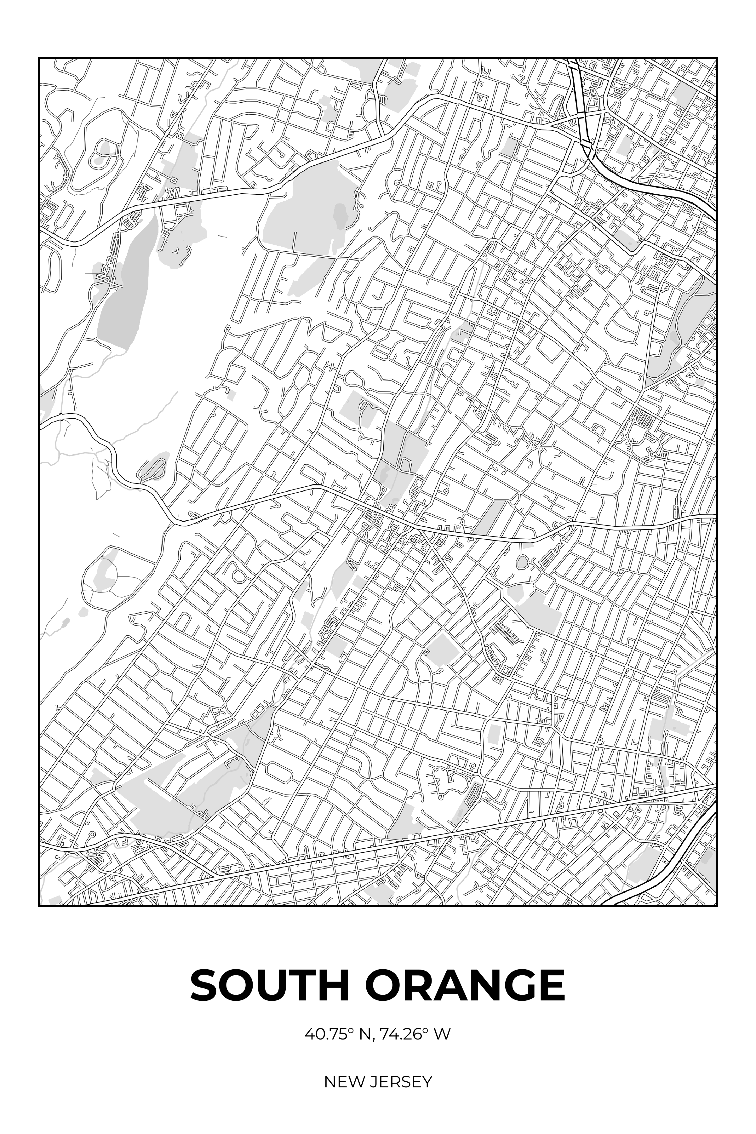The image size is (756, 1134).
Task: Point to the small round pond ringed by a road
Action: click(x=523, y=562)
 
